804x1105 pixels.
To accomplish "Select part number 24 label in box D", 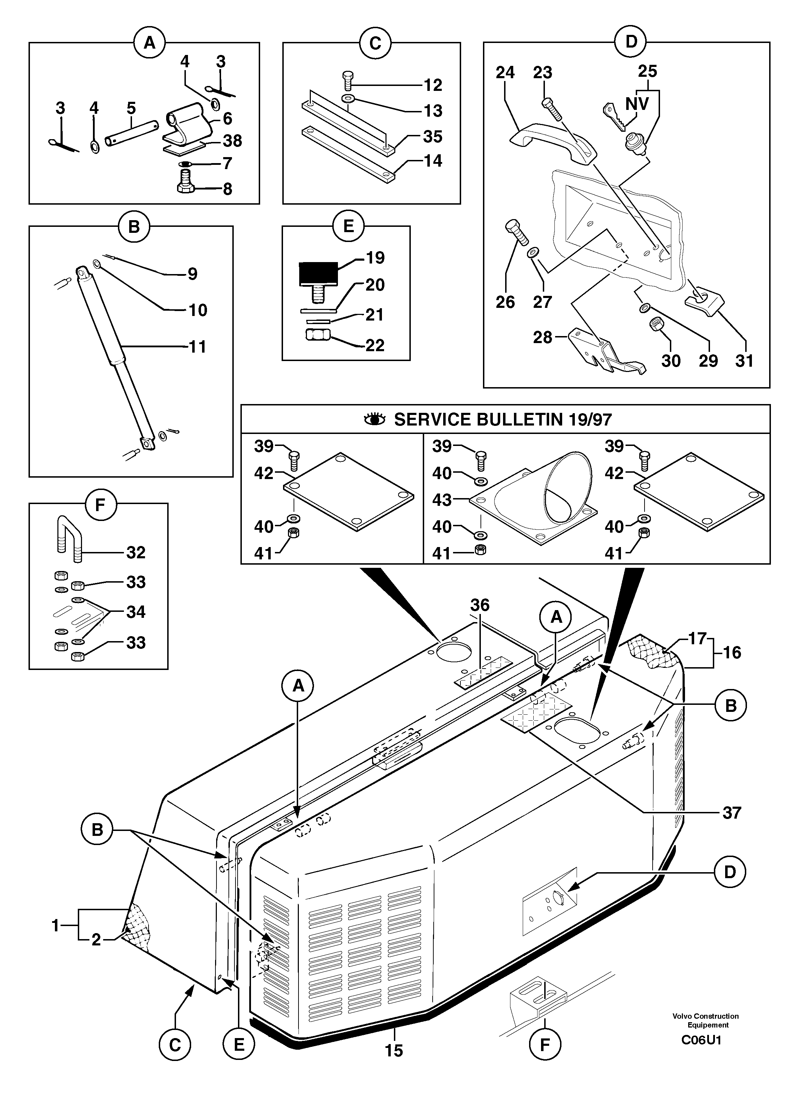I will tap(505, 73).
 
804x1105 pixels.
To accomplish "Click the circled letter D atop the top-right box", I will tap(631, 42).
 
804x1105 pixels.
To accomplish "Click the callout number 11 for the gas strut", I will tap(197, 347).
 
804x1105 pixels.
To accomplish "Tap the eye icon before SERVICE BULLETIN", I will tap(375, 419).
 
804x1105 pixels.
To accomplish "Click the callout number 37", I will tap(731, 813).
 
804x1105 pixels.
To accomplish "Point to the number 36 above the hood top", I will tap(480, 605).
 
